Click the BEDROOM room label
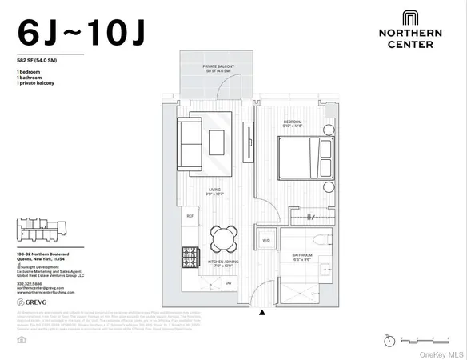[x=293, y=124]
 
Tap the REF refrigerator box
[x=190, y=216]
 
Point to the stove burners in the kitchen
[x=190, y=257]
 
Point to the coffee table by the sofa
[x=217, y=142]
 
